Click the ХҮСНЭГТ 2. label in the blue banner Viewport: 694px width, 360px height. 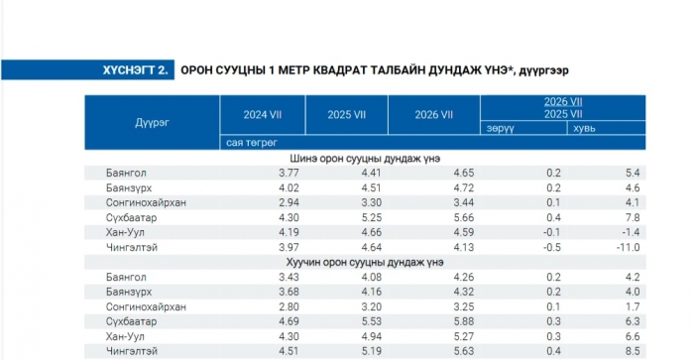click(x=136, y=70)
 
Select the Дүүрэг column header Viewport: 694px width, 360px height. click(x=152, y=122)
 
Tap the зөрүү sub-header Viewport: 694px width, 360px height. click(x=500, y=128)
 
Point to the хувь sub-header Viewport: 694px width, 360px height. click(x=584, y=128)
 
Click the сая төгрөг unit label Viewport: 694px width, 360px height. click(x=252, y=143)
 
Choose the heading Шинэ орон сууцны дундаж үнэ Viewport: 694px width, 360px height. click(x=365, y=158)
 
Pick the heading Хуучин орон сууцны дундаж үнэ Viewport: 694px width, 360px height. click(x=365, y=262)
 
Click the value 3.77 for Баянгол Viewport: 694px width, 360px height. click(x=289, y=173)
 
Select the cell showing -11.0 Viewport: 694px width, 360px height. click(x=628, y=247)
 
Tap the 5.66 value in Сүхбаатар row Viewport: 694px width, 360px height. click(x=463, y=217)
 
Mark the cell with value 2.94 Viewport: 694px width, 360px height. click(x=289, y=202)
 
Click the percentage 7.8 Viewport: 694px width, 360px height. click(x=633, y=217)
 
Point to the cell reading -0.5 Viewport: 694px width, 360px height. click(x=552, y=247)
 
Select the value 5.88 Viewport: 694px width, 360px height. click(x=463, y=321)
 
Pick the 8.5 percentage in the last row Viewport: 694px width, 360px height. click(x=633, y=351)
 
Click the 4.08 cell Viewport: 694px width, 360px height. click(x=371, y=277)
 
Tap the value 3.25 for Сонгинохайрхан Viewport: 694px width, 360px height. click(x=463, y=306)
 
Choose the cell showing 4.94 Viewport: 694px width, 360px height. click(x=371, y=336)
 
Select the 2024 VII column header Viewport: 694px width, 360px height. click(x=263, y=115)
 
